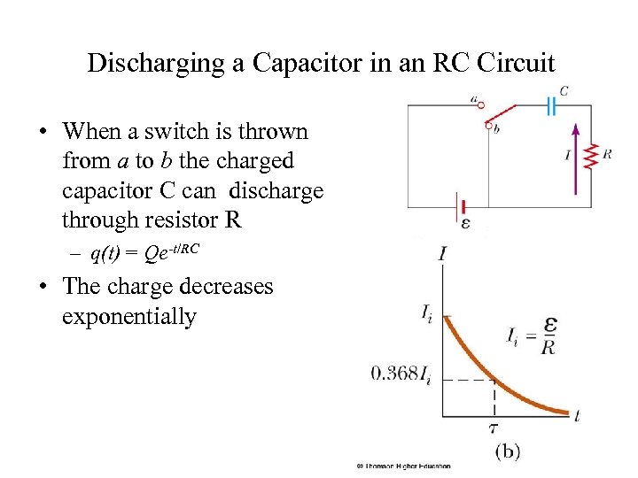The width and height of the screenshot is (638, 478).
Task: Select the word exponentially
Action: (129, 317)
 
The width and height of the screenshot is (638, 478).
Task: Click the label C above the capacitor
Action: (564, 90)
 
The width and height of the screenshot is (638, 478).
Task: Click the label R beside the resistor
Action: (607, 154)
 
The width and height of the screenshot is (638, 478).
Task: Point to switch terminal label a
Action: (476, 99)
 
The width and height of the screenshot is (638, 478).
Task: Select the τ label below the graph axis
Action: (494, 428)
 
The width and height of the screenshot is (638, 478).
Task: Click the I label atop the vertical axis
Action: (441, 254)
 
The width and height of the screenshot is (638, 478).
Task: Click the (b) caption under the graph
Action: (507, 451)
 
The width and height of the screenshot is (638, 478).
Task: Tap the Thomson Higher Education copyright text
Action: (403, 466)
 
